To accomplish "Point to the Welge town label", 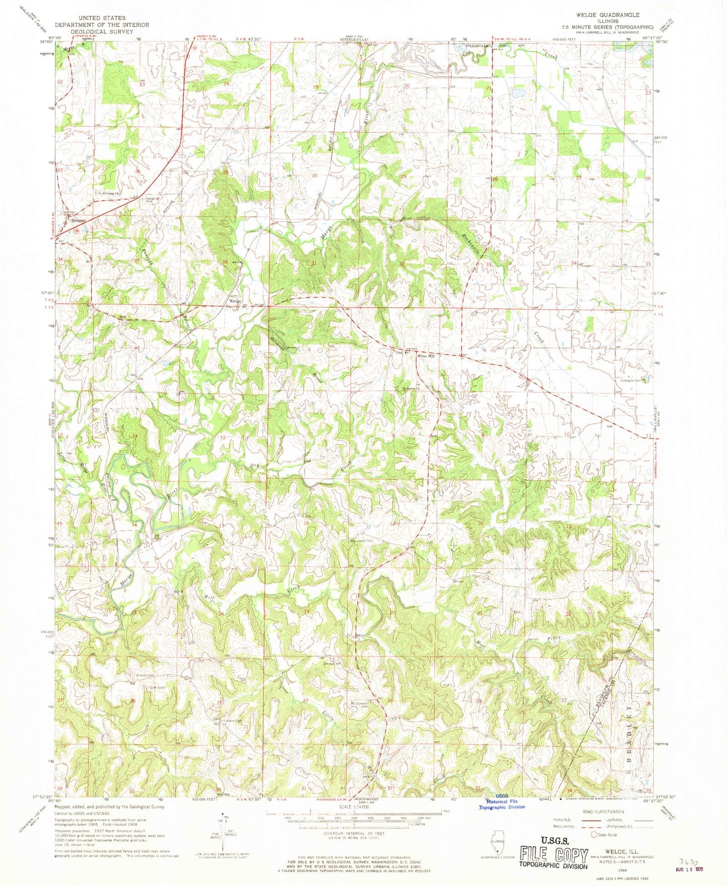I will (235, 301).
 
